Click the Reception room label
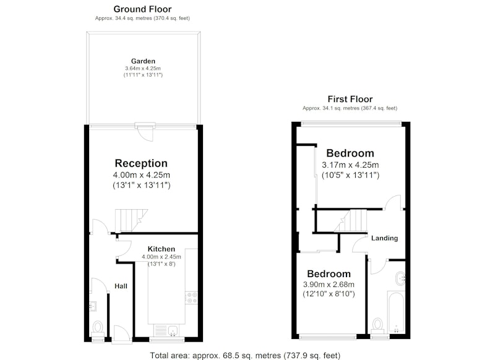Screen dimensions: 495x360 141,163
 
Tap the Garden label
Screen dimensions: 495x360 143,61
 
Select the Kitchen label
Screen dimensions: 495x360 161,249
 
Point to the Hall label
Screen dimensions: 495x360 121,286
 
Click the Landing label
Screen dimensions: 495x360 384,238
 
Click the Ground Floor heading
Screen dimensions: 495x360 142,9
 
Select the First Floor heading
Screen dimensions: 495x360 350,99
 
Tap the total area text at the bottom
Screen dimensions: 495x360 245,356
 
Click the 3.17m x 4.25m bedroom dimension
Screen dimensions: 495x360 350,165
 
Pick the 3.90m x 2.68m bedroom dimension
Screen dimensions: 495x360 329,285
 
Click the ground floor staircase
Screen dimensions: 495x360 131,220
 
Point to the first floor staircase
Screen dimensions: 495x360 350,221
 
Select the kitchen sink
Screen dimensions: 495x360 173,331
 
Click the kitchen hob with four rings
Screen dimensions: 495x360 191,298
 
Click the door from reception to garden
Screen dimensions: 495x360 145,131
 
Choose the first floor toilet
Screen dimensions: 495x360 377,325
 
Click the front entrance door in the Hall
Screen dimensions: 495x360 121,335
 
